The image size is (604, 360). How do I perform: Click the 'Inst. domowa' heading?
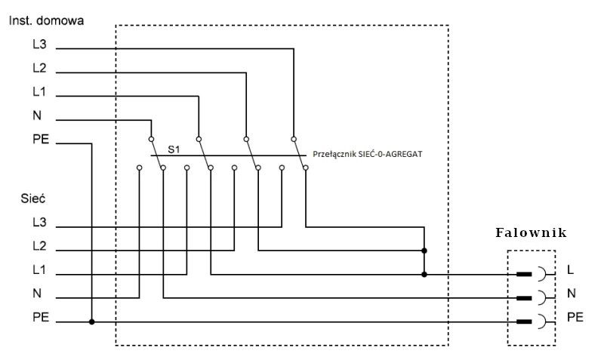coord(46,20)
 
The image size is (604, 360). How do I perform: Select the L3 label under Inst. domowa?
coord(39,45)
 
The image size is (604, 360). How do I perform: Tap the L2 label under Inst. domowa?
coord(39,68)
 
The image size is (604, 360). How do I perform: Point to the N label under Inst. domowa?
coord(37,115)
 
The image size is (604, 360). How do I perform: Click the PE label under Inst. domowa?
coord(41,139)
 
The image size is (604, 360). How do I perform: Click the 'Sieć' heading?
coord(33,198)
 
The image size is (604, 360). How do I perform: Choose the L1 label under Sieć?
coord(39,270)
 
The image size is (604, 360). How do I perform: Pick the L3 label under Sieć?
coord(39,222)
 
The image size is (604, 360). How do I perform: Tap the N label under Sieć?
coord(37,294)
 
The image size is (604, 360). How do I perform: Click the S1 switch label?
coord(174,149)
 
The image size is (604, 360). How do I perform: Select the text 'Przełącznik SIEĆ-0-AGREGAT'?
coord(368,155)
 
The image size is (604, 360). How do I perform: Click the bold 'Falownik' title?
coord(531,232)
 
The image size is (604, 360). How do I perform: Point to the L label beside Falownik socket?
coord(571,269)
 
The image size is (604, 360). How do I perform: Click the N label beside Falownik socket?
coord(572,294)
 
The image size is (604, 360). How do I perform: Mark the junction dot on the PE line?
coord(91,322)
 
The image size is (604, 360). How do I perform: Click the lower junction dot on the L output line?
coord(424,275)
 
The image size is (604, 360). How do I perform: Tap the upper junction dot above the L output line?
coord(424,251)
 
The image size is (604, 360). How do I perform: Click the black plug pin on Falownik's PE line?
coord(524,322)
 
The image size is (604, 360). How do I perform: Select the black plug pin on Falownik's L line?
coord(524,274)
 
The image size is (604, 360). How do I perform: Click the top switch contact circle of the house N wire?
coord(152,139)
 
